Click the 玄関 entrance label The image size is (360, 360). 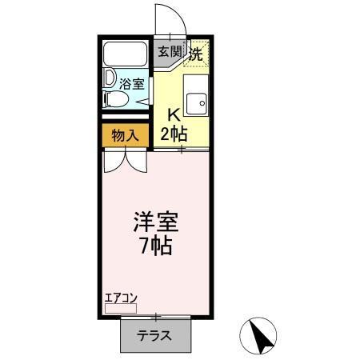pos(169,53)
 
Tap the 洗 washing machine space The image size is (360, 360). pos(196,54)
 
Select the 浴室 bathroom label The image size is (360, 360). pos(131,82)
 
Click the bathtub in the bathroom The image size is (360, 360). pos(126,55)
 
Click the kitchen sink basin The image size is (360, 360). pos(195,101)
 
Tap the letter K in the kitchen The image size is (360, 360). pos(174,113)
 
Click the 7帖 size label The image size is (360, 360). pos(156,246)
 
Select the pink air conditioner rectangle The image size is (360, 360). pos(121,306)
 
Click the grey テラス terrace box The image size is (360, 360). pos(157,334)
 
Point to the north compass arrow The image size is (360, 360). pos(261,336)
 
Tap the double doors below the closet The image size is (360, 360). pos(125,160)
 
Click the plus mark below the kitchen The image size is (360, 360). pos(182,150)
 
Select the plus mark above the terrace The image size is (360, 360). pos(157,318)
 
